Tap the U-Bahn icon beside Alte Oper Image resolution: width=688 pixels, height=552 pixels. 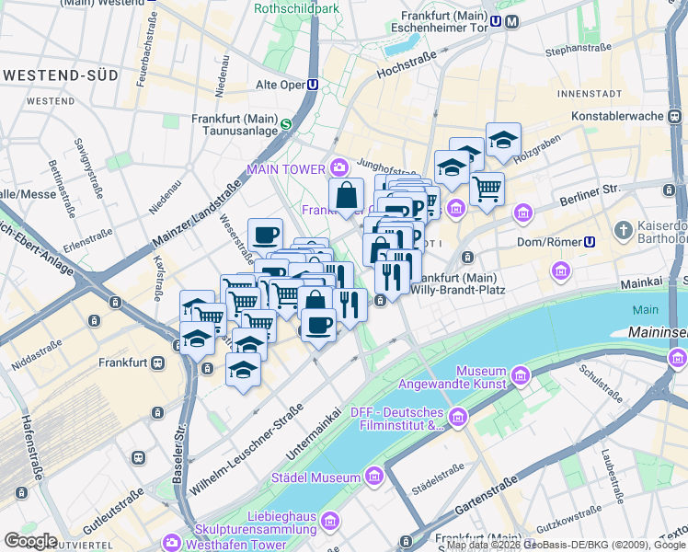314,85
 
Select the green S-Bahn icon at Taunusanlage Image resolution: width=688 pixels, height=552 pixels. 286,125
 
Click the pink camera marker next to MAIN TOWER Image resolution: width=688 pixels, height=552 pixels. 338,168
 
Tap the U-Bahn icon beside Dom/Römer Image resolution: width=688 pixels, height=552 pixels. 590,242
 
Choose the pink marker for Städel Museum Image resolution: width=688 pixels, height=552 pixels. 373,477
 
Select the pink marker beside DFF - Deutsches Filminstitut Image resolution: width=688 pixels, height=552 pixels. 458,419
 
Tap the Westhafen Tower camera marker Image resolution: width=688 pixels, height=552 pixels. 172,543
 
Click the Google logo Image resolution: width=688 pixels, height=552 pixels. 30,540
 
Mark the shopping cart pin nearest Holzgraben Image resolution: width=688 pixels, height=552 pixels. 487,189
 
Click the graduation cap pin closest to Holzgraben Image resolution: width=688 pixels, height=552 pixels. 503,140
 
